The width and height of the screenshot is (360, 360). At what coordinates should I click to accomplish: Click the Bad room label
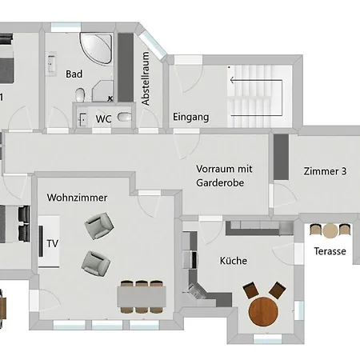[x=74, y=74]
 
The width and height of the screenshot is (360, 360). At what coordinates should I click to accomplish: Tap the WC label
[x=103, y=119]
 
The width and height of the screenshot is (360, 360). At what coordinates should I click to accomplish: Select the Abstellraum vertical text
[x=146, y=78]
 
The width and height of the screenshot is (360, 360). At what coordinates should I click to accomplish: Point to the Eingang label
[x=191, y=117]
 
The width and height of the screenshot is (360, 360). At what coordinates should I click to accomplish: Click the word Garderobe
[x=220, y=182]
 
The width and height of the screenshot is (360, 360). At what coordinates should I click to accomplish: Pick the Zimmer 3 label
[x=325, y=171]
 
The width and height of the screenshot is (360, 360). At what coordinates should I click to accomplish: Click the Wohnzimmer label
[x=77, y=198]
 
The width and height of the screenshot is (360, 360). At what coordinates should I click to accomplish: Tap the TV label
[x=53, y=243]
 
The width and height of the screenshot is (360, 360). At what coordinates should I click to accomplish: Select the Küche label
[x=234, y=261]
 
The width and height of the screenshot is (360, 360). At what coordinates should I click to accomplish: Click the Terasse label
[x=330, y=251]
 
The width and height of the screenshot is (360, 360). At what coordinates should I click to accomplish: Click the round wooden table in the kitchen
[x=263, y=311]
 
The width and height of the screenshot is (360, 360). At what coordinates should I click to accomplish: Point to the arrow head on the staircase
[x=232, y=80]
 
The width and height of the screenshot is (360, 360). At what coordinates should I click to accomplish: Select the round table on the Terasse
[x=330, y=230]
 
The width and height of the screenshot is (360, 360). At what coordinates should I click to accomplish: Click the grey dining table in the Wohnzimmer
[x=142, y=296]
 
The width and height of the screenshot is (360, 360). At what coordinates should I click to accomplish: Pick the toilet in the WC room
[x=125, y=117]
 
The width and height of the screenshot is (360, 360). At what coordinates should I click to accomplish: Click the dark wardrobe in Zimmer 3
[x=281, y=157]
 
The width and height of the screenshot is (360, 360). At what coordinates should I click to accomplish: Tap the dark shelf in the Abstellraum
[x=126, y=67]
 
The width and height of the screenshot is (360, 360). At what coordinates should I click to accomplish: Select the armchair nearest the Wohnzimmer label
[x=99, y=226]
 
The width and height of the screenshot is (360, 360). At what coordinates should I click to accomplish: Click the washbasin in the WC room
[x=82, y=119]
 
